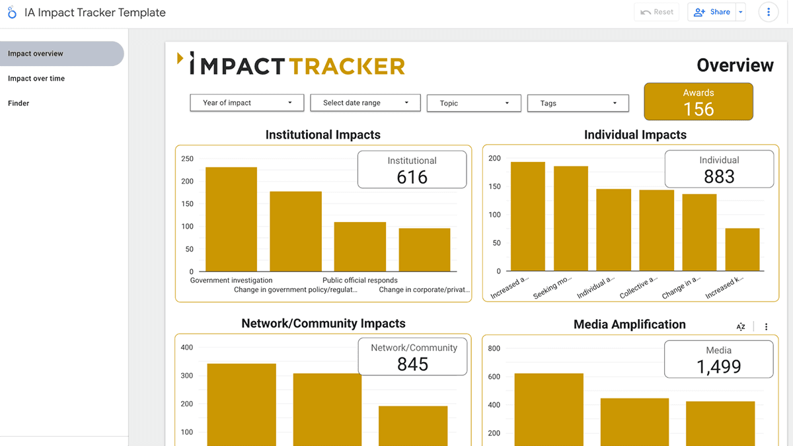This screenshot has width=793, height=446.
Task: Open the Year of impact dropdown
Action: (x=246, y=102)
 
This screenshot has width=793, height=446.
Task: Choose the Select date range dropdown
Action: (x=367, y=102)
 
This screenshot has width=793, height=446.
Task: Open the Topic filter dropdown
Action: (x=474, y=103)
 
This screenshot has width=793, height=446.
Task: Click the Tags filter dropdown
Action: (x=578, y=103)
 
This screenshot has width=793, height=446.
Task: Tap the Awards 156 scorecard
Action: (x=699, y=102)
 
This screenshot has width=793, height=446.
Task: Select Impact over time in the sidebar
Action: (x=36, y=79)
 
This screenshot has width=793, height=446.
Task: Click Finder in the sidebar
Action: (x=19, y=103)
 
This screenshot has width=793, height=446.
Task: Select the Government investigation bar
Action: (x=231, y=219)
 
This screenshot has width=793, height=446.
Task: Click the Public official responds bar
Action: (x=359, y=246)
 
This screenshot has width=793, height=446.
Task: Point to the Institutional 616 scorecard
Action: (x=412, y=170)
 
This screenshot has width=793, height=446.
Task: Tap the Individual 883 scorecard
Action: (x=719, y=169)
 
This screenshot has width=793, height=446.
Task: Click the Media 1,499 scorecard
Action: (x=719, y=359)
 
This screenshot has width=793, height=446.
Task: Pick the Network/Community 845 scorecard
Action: (x=413, y=357)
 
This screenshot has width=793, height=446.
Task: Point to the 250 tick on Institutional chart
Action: (x=187, y=159)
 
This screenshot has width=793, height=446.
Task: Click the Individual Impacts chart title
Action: (x=635, y=135)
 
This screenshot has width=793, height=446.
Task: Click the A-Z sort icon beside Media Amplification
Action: (x=741, y=326)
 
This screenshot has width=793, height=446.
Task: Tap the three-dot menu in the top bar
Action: (x=768, y=12)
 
